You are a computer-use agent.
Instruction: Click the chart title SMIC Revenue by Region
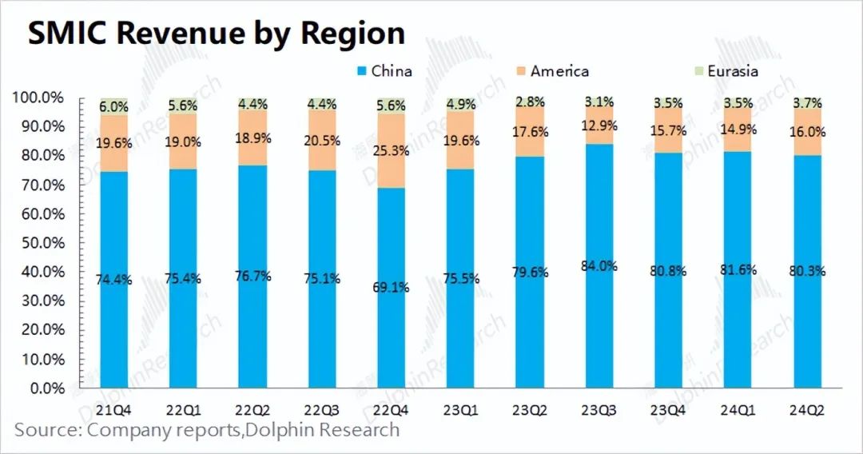pos(216,34)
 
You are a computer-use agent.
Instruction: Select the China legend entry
pos(384,71)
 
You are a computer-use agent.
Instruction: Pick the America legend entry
pos(551,71)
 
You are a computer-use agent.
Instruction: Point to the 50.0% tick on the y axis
pos(39,243)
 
